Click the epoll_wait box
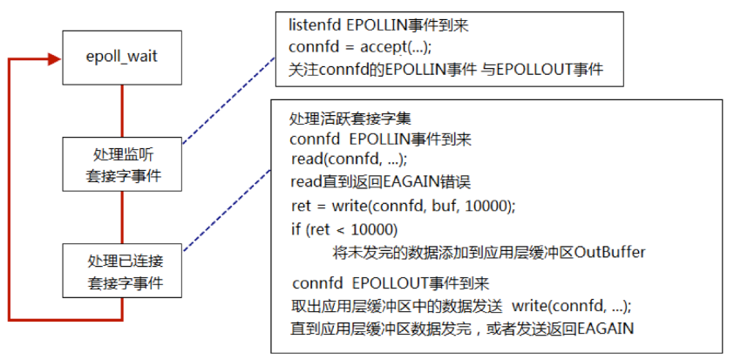(x=121, y=58)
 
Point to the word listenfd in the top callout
(x=314, y=26)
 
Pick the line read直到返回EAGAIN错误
(x=381, y=182)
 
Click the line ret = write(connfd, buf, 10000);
(x=404, y=206)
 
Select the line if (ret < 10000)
(x=344, y=229)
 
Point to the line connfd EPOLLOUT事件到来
(x=391, y=284)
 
